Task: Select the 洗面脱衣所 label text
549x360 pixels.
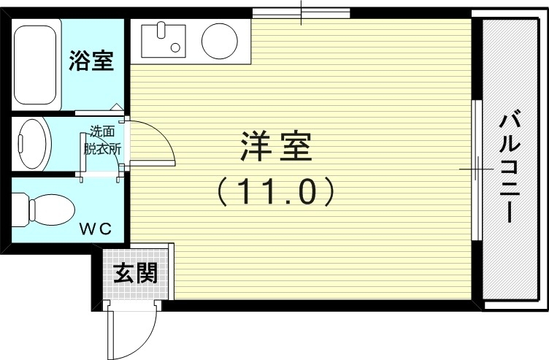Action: (101, 140)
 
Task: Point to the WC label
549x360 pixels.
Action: (95, 229)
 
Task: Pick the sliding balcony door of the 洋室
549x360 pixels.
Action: (475, 169)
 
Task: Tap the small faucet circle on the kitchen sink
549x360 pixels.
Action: (175, 48)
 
